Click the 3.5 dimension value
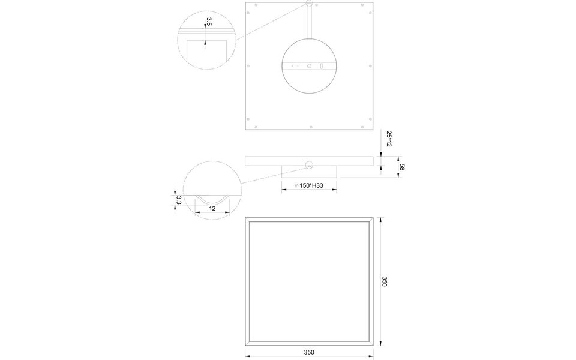click(209, 23)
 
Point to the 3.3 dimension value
click(179, 200)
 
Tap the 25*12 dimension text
click(389, 140)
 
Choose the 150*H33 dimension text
click(310, 187)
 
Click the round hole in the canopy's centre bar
click(310, 66)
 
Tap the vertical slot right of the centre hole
click(322, 66)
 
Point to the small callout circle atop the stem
click(310, 4)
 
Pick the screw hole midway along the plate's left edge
click(250, 66)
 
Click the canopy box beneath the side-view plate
click(310, 172)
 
